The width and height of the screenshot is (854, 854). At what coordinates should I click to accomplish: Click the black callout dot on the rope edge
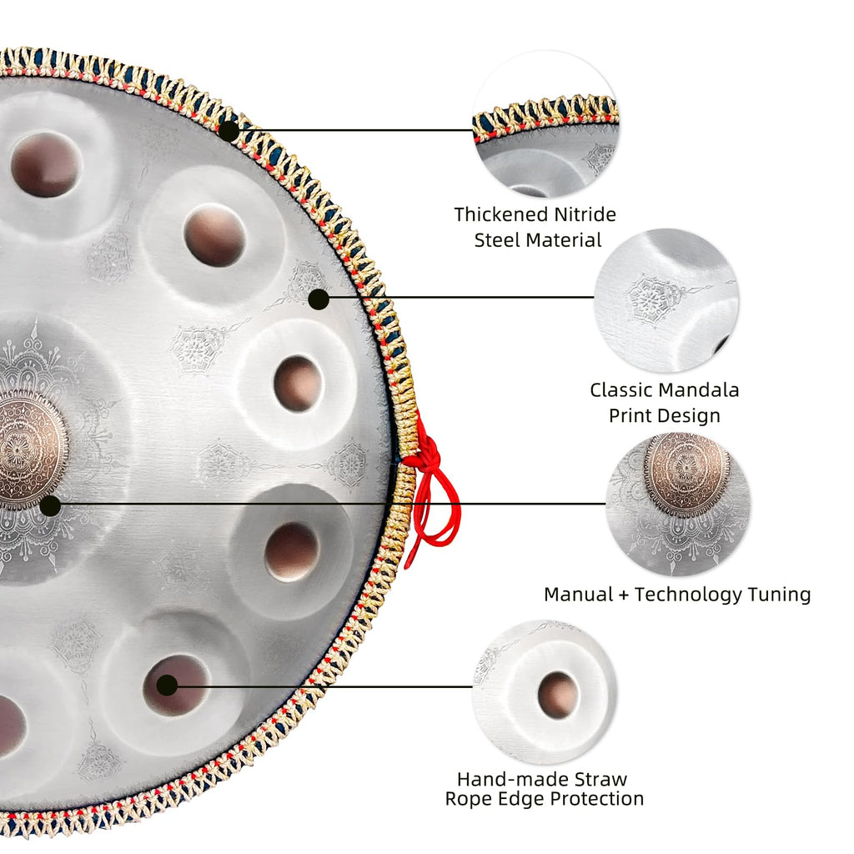tap(229, 131)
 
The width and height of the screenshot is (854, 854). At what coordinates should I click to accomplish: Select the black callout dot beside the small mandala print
tap(319, 299)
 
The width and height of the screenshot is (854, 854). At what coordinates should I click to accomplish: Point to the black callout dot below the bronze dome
tap(50, 505)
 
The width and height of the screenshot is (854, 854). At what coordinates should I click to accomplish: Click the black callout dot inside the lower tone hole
tap(167, 686)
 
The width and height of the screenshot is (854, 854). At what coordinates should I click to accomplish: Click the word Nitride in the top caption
tap(581, 214)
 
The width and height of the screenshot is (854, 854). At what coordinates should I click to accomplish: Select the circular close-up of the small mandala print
tap(666, 300)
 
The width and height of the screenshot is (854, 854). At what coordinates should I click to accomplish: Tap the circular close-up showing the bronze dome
tap(678, 505)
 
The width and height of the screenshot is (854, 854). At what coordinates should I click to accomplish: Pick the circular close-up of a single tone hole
tap(545, 691)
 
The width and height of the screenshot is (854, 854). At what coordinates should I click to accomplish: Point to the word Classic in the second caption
tap(620, 390)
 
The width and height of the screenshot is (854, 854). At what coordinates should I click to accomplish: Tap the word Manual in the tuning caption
tap(579, 594)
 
